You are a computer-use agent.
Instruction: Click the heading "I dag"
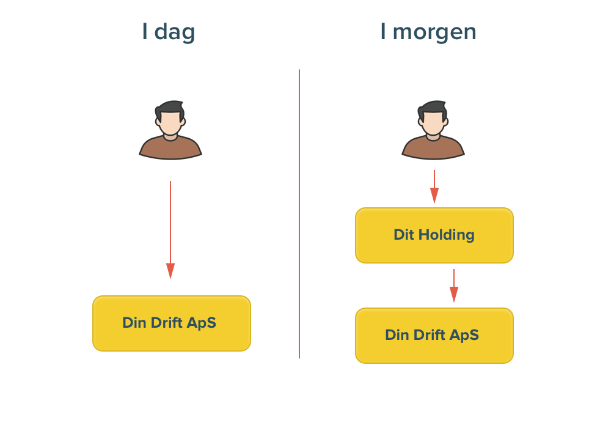pos(169,32)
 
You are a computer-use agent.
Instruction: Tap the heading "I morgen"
pos(428,32)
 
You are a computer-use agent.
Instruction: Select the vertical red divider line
pos(299,213)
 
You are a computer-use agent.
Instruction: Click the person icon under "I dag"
pos(170,130)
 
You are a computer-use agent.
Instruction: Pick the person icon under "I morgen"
pos(433,130)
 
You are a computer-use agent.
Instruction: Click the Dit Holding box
pos(434,235)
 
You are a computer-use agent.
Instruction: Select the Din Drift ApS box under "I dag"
pos(172,323)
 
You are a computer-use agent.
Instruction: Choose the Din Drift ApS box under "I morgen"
pos(434,336)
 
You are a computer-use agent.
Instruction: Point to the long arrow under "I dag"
pos(170,230)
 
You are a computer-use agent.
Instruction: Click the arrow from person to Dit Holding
pos(434,186)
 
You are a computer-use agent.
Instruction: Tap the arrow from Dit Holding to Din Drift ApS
pos(454,286)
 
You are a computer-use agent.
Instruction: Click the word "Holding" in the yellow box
pos(447,235)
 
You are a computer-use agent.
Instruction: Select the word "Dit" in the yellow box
pos(404,235)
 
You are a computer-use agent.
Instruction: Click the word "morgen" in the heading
pos(434,33)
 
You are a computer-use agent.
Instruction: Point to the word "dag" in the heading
pos(175,33)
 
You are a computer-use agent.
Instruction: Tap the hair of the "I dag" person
pos(170,108)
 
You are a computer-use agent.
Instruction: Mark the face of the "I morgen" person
pos(433,122)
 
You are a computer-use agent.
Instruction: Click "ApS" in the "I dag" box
pos(201,323)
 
